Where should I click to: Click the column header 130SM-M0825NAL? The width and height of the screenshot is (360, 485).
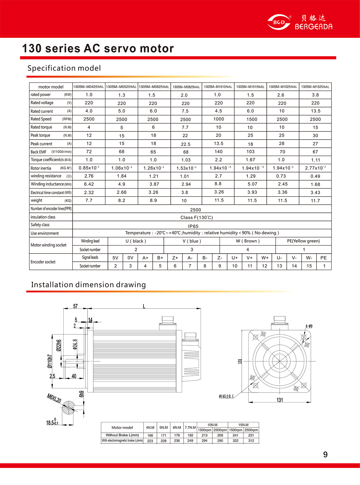186,87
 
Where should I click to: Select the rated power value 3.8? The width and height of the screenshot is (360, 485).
315,95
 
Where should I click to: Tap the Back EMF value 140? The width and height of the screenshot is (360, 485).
218,152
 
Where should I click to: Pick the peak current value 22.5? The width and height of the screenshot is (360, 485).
186,144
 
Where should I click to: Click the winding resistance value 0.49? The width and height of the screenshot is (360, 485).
315,176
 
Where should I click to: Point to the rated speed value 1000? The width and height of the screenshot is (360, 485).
218,119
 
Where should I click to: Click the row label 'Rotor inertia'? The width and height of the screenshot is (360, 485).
41,168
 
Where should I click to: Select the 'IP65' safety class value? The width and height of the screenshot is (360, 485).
193,226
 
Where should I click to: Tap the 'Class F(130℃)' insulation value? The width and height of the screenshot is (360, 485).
196,217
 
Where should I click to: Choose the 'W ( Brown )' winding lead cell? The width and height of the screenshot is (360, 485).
247,241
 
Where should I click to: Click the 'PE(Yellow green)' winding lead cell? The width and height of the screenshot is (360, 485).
303,241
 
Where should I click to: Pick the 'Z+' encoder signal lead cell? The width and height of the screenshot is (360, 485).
175,258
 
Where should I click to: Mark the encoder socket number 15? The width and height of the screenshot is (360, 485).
309,266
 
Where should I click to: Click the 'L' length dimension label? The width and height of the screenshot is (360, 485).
144,306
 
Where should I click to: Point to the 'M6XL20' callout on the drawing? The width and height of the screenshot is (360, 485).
54,399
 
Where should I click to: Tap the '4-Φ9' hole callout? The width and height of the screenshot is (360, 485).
309,326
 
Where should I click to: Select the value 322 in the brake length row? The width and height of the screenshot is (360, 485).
235,441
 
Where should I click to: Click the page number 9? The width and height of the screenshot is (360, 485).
325,454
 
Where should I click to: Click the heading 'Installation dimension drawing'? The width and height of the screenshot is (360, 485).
88,285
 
